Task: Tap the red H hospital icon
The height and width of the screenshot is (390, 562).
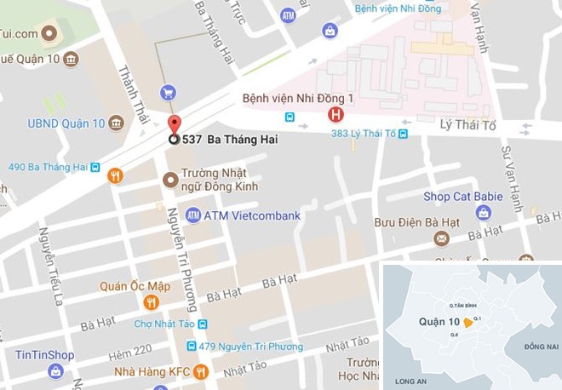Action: (336, 114)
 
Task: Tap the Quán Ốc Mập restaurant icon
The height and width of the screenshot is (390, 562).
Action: (151, 301)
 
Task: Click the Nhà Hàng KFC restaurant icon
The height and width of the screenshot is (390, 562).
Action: (201, 371)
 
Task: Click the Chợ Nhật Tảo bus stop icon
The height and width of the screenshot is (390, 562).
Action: (203, 324)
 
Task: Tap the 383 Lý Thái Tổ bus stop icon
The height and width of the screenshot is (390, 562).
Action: (403, 134)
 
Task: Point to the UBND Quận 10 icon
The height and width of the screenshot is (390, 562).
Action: (114, 124)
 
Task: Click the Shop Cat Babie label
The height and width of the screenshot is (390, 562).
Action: (463, 197)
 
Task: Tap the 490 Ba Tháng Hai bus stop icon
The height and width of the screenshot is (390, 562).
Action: (95, 167)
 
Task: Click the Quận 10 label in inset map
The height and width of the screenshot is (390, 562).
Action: (439, 322)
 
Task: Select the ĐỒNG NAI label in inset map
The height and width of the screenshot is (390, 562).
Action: (540, 346)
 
